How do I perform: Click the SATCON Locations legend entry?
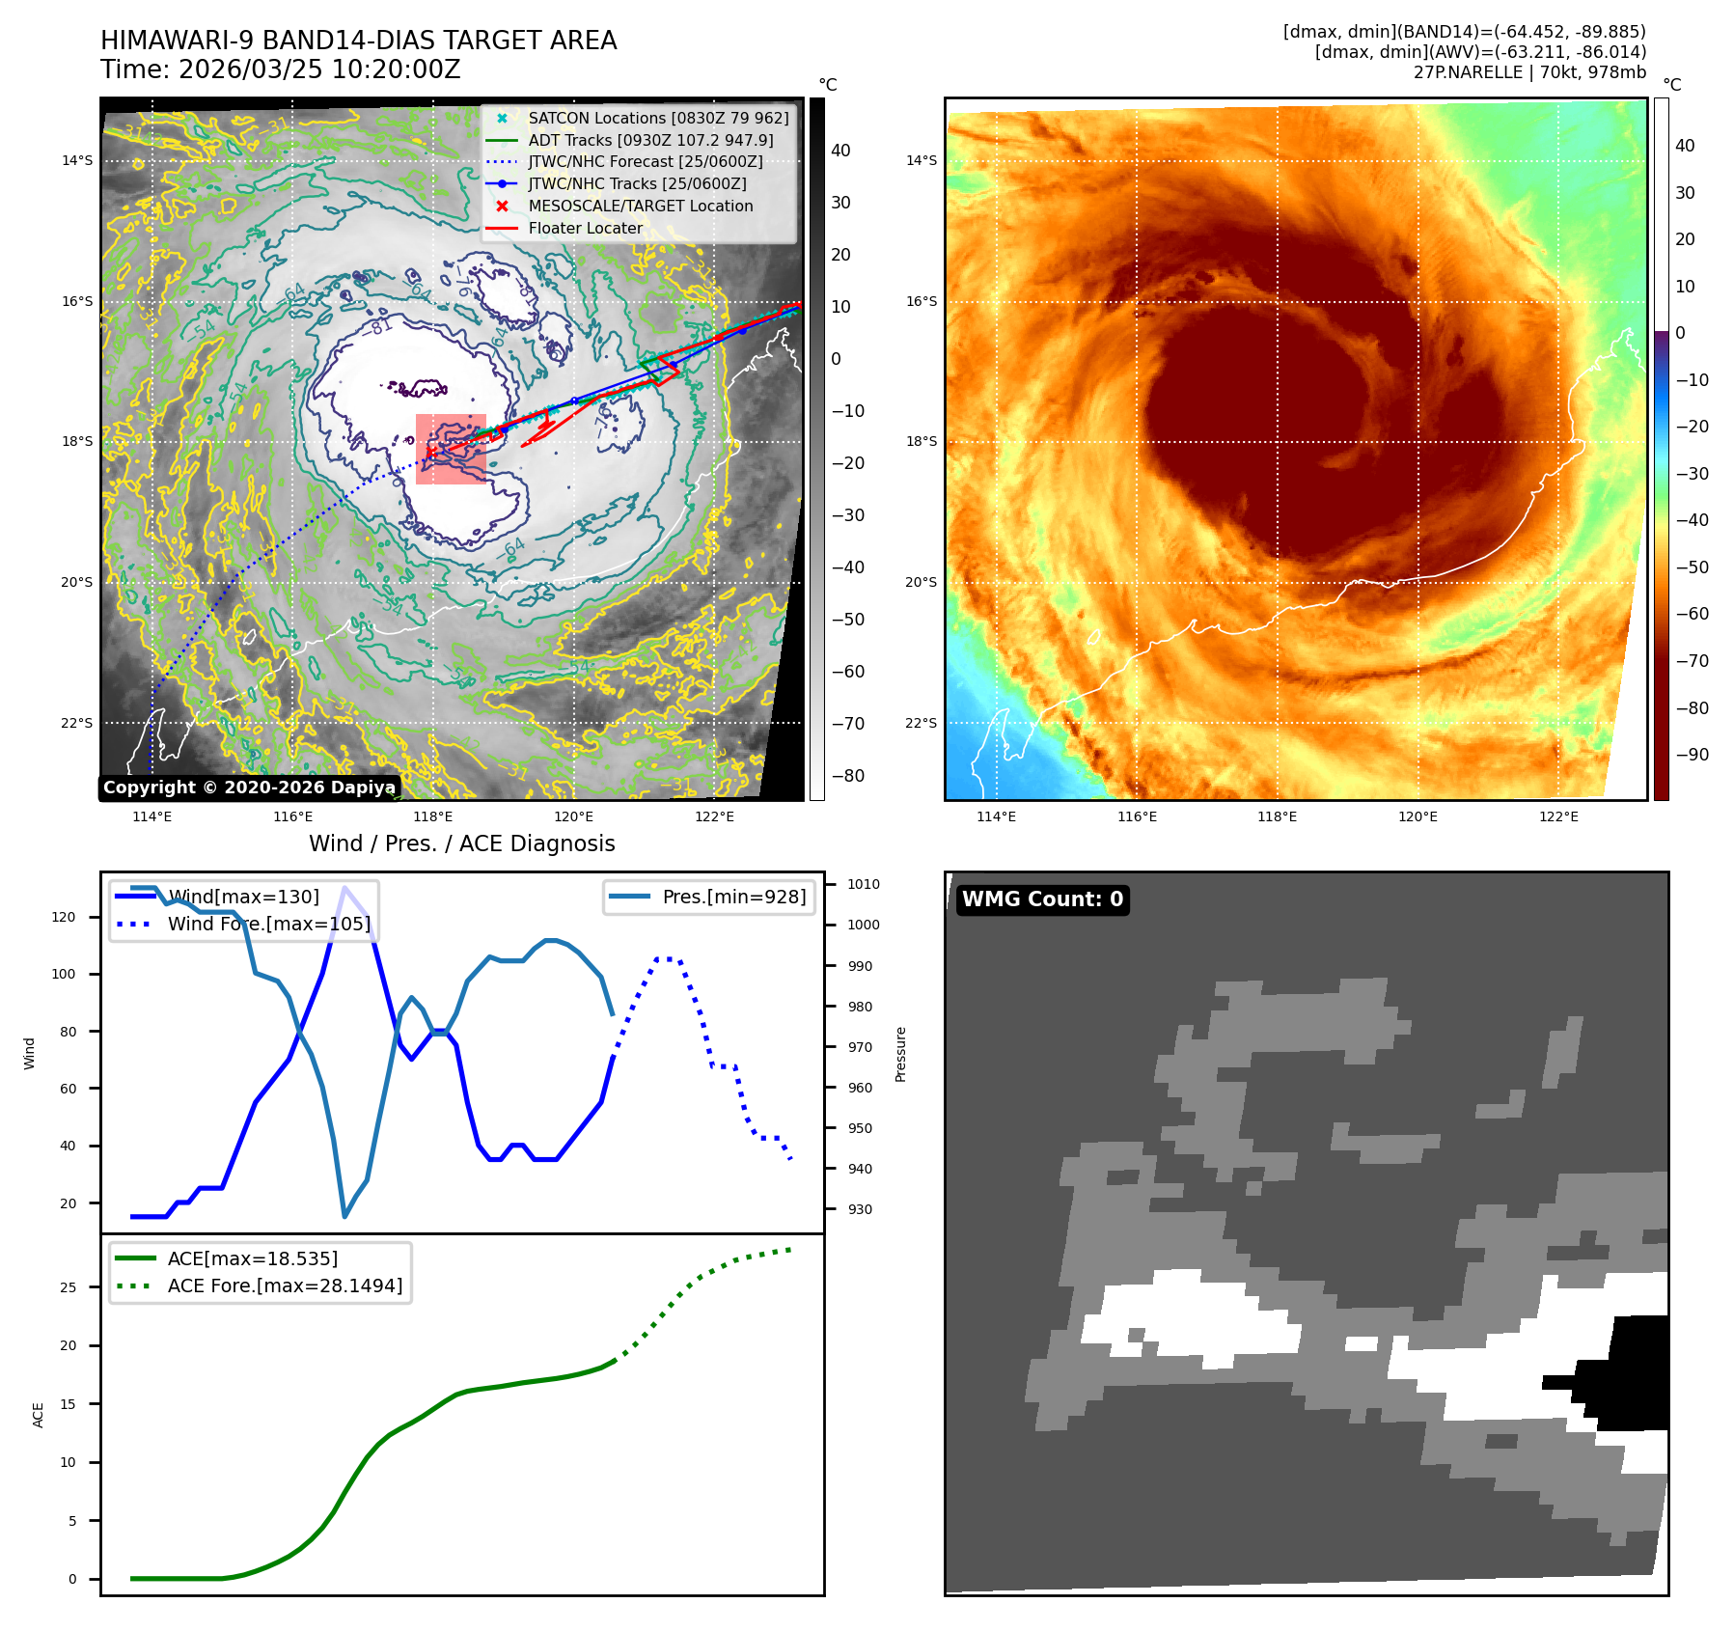point(657,118)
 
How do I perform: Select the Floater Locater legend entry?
point(585,228)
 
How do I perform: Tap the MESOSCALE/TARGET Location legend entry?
point(640,206)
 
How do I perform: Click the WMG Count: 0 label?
point(1042,899)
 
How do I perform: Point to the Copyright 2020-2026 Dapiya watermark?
point(249,788)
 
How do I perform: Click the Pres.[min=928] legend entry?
point(733,897)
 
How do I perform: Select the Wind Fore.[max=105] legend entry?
point(268,924)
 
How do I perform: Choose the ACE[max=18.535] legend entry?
point(252,1258)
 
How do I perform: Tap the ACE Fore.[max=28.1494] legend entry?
point(285,1285)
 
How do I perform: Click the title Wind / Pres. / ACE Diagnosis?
point(461,843)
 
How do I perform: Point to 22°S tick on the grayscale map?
point(77,723)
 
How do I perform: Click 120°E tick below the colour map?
point(1417,816)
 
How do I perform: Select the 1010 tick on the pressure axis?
point(863,884)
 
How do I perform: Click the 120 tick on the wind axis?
point(64,917)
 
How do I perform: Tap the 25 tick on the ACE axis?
point(68,1287)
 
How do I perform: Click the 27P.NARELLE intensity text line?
point(1529,72)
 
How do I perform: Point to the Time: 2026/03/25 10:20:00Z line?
point(281,69)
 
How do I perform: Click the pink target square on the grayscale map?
point(451,449)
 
